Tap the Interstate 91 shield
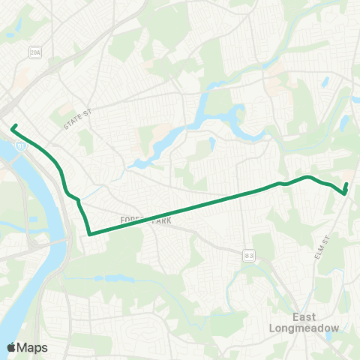point(22,148)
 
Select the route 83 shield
point(248,256)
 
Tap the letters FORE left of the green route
point(127,220)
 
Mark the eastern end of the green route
point(346,184)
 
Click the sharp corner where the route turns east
point(89,234)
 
